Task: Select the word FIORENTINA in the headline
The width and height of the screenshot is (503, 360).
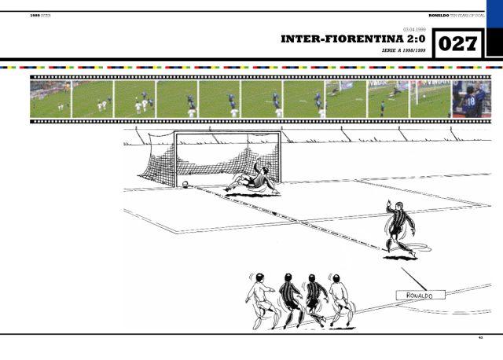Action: [365, 39]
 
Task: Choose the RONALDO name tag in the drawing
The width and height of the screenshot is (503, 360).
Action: [420, 295]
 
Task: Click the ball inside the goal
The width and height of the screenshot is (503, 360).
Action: [185, 185]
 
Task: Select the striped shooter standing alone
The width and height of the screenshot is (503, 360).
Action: [399, 228]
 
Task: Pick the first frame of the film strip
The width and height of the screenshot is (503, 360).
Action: [50, 100]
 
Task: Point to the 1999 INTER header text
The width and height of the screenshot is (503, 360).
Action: [40, 15]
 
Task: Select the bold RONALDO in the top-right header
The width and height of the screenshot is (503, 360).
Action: [439, 15]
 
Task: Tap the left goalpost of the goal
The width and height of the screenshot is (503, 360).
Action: [175, 161]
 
